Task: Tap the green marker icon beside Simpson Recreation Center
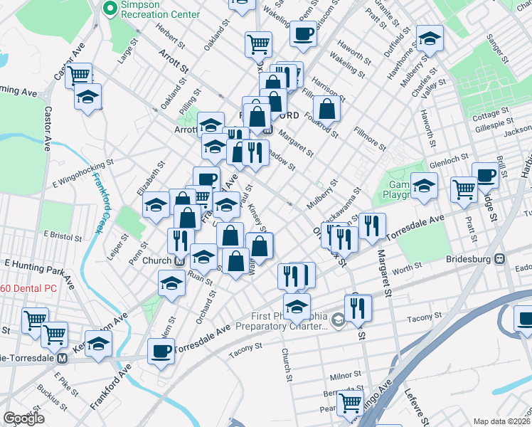pyautogui.click(x=109, y=9)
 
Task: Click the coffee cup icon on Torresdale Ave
pyautogui.click(x=161, y=351)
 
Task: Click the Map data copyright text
pyautogui.click(x=501, y=421)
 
